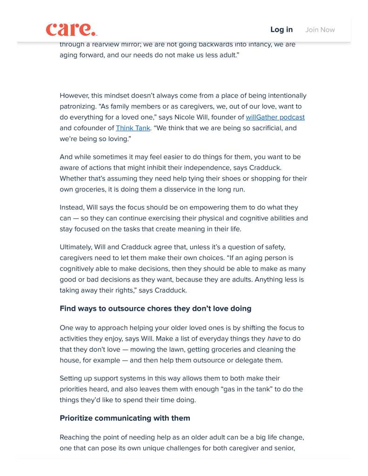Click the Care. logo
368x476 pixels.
(71, 29)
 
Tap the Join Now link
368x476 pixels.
(320, 30)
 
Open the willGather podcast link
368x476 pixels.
(275, 117)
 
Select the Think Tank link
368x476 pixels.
(133, 128)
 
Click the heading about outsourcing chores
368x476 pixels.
(155, 308)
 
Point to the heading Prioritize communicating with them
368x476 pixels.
(125, 418)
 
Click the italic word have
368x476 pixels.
(274, 339)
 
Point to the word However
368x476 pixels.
(74, 96)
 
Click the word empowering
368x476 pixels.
(201, 208)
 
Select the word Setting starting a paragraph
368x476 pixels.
(71, 378)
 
